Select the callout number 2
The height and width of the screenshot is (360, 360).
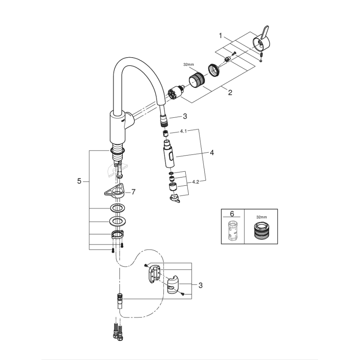(230, 92)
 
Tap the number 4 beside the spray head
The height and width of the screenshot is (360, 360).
(212, 153)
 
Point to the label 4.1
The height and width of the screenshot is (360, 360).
(184, 131)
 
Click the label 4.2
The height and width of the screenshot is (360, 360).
(196, 181)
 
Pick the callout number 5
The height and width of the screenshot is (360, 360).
(79, 181)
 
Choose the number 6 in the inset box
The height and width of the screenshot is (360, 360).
(232, 214)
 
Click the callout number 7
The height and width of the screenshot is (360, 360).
(133, 192)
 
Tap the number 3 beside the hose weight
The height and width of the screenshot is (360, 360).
(200, 285)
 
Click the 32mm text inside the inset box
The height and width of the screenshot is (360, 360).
(261, 217)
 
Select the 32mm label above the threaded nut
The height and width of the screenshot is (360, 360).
(188, 65)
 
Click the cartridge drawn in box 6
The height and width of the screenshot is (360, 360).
(232, 231)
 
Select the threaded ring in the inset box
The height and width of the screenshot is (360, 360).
(261, 231)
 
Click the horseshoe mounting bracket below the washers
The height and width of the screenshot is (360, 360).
(117, 235)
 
